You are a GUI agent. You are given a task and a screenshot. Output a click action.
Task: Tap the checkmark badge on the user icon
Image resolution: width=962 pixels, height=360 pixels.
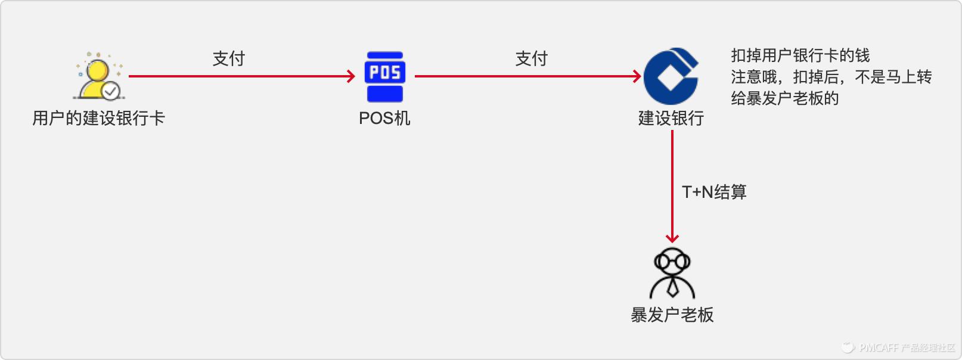pyautogui.click(x=111, y=91)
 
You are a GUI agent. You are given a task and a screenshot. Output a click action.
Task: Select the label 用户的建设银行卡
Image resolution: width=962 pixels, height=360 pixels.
pyautogui.click(x=98, y=118)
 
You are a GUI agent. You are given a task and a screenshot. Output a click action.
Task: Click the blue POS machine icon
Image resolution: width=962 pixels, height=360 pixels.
pyautogui.click(x=385, y=77)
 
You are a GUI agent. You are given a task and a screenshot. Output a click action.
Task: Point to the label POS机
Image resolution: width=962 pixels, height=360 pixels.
pyautogui.click(x=384, y=118)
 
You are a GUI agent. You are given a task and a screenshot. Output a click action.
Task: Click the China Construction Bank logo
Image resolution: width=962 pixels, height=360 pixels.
pyautogui.click(x=671, y=76)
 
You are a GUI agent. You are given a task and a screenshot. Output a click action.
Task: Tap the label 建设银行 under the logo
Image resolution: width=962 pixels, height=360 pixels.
pyautogui.click(x=671, y=118)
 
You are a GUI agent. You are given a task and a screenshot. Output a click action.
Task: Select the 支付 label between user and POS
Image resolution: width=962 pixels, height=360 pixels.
pyautogui.click(x=229, y=58)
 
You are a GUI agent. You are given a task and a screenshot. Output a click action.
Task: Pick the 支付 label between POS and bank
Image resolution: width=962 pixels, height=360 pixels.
pyautogui.click(x=531, y=58)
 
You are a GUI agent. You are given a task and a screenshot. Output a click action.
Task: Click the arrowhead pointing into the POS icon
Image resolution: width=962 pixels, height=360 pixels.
pyautogui.click(x=352, y=76)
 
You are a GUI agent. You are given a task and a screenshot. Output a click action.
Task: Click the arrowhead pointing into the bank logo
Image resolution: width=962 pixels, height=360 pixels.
pyautogui.click(x=637, y=76)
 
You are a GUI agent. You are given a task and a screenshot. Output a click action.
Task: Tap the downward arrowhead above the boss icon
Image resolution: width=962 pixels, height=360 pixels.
pyautogui.click(x=672, y=238)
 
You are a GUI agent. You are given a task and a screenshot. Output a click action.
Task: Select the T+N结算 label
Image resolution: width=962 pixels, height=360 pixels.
pyautogui.click(x=714, y=192)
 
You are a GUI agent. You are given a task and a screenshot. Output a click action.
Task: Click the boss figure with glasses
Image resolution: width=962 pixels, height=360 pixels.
pyautogui.click(x=672, y=273)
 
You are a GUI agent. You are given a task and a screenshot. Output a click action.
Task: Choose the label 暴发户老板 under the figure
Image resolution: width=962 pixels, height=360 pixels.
pyautogui.click(x=672, y=315)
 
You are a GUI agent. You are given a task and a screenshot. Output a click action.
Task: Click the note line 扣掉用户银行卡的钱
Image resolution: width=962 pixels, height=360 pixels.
pyautogui.click(x=800, y=55)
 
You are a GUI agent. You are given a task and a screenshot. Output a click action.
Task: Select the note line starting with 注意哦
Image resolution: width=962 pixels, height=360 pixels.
pyautogui.click(x=831, y=77)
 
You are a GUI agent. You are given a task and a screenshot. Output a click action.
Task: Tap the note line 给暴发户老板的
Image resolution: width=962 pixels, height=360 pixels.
pyautogui.click(x=784, y=98)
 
